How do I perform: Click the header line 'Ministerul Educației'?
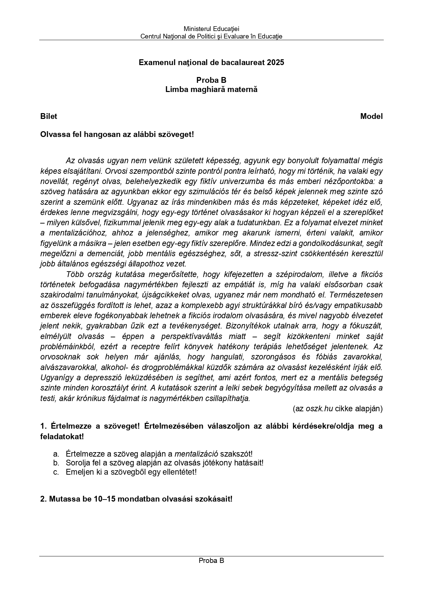(211, 29)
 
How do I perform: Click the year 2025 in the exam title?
(275, 62)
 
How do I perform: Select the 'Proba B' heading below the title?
(211, 80)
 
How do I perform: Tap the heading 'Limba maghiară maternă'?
(211, 90)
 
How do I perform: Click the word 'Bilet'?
(49, 117)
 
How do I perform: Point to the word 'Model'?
(371, 117)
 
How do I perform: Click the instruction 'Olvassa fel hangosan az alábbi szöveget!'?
(117, 134)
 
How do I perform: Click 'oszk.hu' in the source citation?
(319, 409)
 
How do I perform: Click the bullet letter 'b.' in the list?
(56, 463)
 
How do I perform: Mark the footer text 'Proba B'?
(211, 561)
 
